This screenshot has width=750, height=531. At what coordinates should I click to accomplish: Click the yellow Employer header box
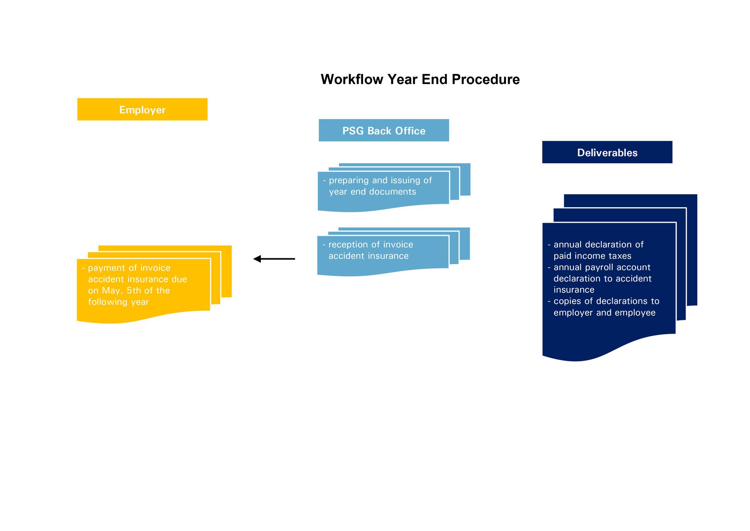coord(142,109)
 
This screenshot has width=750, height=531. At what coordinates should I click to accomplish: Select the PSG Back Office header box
coord(384,130)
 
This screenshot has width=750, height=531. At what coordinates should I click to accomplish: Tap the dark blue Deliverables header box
coord(607,152)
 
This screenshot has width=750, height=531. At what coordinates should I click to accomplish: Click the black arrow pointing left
coord(274,259)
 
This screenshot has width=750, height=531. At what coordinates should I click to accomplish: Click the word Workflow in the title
coord(352,79)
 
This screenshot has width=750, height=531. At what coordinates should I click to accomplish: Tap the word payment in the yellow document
coord(106,268)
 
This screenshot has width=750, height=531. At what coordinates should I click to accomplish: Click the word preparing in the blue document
coord(349,181)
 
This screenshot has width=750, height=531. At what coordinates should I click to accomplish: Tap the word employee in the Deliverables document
coord(637,313)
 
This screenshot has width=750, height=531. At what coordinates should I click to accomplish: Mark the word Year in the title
coord(402,79)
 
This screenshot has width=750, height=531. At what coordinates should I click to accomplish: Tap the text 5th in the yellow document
coord(134,291)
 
